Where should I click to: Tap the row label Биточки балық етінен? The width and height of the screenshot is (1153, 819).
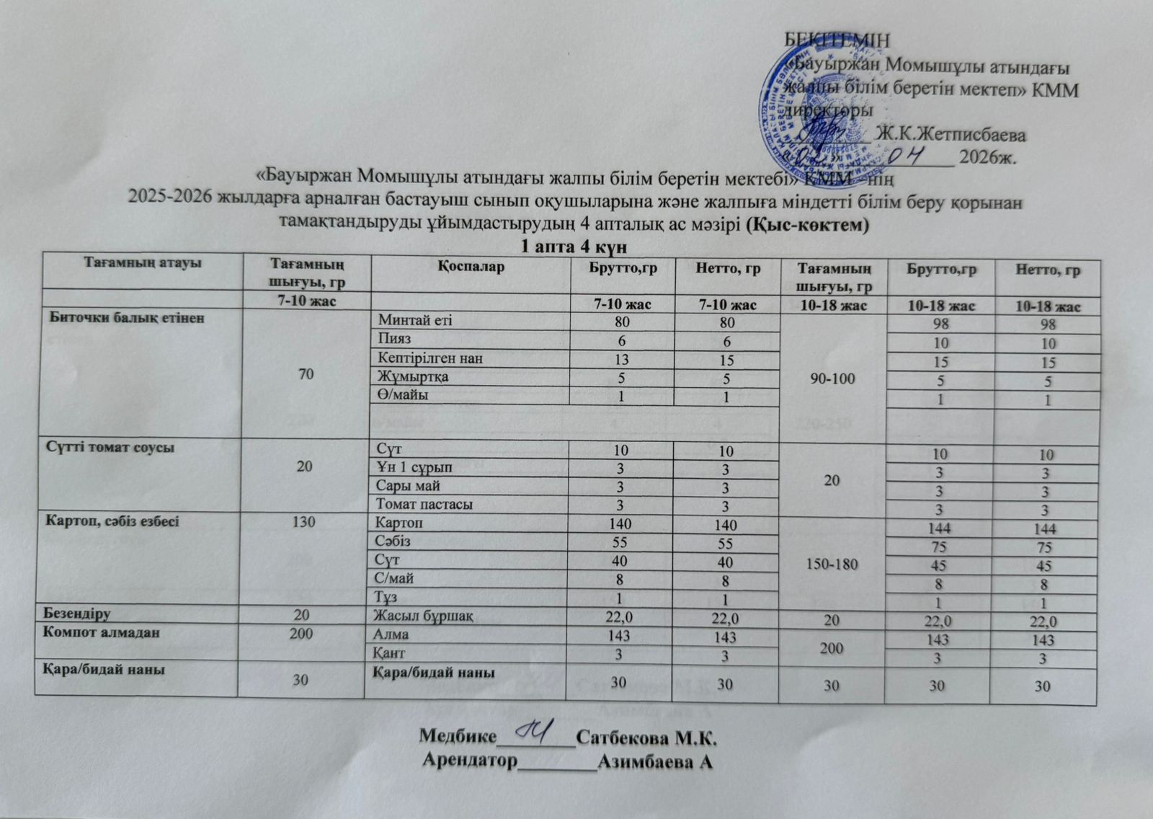pyautogui.click(x=127, y=317)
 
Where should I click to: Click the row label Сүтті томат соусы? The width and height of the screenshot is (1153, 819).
pyautogui.click(x=111, y=447)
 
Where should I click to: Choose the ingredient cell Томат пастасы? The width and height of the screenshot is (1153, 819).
pyautogui.click(x=420, y=504)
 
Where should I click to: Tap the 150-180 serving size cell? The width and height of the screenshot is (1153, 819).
pyautogui.click(x=832, y=563)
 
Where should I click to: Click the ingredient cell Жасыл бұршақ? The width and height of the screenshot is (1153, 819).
pyautogui.click(x=422, y=616)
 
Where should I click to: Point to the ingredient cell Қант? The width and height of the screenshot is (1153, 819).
pyautogui.click(x=387, y=653)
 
